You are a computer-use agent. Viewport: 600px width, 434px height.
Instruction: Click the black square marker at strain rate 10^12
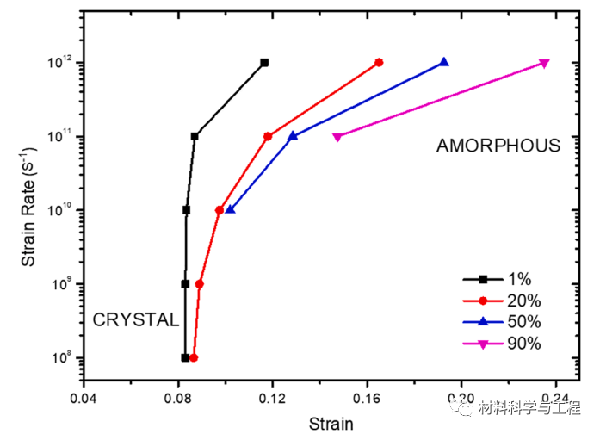click(264, 63)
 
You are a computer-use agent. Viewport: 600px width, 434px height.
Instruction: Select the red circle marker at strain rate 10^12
click(379, 63)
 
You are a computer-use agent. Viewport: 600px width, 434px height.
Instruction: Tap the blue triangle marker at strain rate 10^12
click(444, 62)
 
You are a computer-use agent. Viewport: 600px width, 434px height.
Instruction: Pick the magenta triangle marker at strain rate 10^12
click(544, 63)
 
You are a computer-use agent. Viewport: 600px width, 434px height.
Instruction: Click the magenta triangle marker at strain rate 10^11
click(337, 137)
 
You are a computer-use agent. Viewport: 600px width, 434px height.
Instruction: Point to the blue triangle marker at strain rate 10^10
click(230, 209)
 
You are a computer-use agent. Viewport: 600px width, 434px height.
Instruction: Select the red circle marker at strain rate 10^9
click(200, 283)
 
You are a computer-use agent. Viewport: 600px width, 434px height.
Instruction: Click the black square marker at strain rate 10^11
click(195, 136)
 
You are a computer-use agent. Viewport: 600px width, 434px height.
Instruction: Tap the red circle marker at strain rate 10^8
click(194, 357)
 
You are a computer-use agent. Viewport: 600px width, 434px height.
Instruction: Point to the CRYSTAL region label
click(136, 320)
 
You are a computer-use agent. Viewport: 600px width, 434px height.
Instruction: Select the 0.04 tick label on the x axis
click(84, 400)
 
